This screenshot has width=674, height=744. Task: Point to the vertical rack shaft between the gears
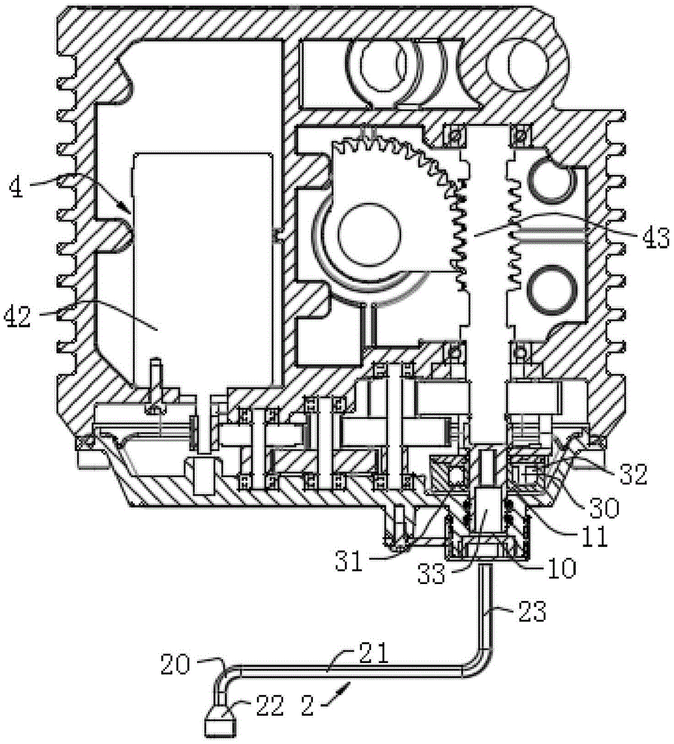point(487,246)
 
